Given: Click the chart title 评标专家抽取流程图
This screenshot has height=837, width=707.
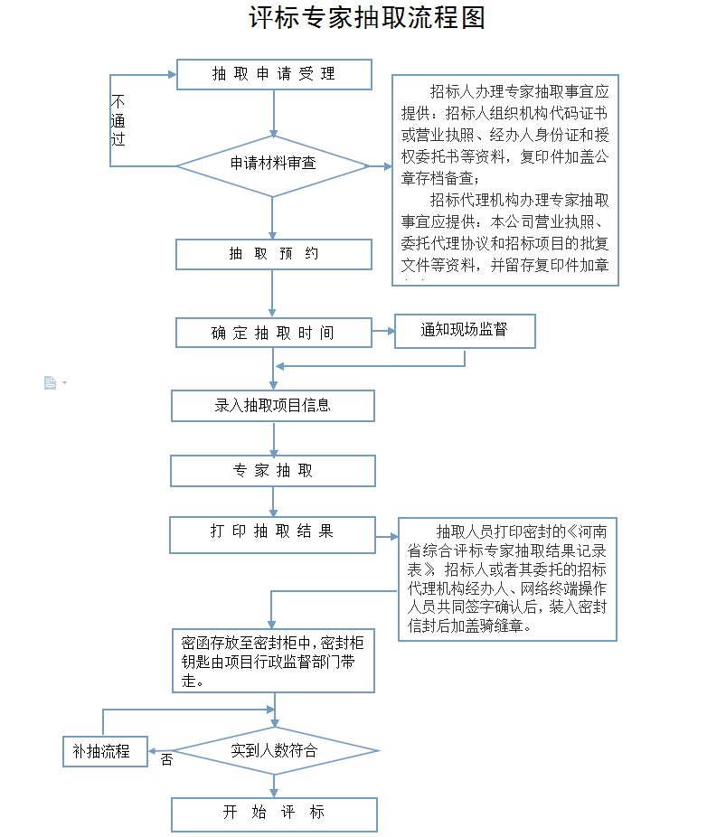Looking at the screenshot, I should (367, 18).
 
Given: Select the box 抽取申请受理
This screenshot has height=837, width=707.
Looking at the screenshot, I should (274, 75).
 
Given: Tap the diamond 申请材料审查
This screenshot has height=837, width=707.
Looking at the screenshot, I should (272, 165).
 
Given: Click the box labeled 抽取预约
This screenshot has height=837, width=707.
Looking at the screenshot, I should (273, 254).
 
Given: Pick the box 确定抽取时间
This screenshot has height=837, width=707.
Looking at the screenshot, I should (273, 333).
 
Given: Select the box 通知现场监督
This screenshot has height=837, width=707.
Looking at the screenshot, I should (465, 331).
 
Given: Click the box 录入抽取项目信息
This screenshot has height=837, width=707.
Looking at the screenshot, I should (273, 406).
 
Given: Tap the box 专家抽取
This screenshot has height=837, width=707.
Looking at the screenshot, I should (273, 471).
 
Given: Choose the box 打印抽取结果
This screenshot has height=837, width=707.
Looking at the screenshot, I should (272, 534).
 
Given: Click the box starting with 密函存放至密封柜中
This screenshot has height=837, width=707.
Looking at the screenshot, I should (273, 661).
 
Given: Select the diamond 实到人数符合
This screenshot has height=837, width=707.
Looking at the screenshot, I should (274, 750).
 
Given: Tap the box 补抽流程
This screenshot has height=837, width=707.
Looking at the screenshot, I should (105, 751).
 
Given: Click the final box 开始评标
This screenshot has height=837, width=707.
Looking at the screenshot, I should (274, 813).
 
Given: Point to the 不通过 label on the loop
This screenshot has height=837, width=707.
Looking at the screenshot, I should (118, 120).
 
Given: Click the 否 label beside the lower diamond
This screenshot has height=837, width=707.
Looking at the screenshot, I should (166, 760).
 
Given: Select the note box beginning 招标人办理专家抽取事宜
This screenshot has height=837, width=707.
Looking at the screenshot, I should (504, 180).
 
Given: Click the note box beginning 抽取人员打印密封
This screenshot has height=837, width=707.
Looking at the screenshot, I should (507, 578).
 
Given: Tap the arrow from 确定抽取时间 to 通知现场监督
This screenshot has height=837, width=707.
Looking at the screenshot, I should (383, 331).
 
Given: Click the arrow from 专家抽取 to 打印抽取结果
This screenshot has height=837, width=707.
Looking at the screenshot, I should (273, 502).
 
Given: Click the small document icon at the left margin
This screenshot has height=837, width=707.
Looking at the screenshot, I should (51, 383).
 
